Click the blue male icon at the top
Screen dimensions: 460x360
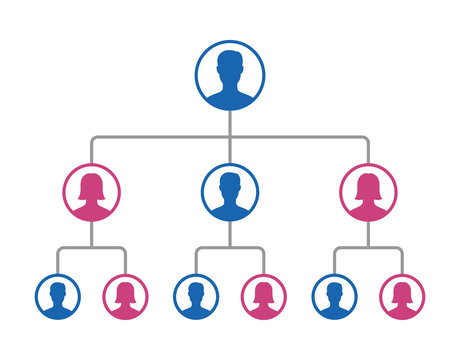(x=230, y=76)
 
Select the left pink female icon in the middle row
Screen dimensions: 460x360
(x=91, y=192)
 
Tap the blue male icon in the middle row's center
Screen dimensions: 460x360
(x=230, y=192)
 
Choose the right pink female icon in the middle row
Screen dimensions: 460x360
(x=368, y=192)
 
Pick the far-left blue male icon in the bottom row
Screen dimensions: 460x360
(x=57, y=297)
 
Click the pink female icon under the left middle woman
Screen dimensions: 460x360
(x=126, y=297)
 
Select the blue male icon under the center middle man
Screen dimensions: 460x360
(x=195, y=297)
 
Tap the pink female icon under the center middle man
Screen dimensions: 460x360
(x=264, y=297)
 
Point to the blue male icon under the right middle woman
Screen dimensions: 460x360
(x=333, y=297)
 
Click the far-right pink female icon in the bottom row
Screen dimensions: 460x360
(x=402, y=297)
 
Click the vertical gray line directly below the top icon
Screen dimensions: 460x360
(x=230, y=122)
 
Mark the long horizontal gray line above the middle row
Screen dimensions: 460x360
(x=160, y=136)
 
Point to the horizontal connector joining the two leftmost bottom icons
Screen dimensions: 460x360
(x=91, y=247)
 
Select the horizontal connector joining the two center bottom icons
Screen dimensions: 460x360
(x=230, y=247)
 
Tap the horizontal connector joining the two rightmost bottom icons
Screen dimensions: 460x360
(x=368, y=247)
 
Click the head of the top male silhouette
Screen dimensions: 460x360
(x=230, y=62)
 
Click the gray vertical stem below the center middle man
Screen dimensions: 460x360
(x=230, y=234)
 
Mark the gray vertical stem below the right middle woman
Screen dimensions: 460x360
(x=368, y=234)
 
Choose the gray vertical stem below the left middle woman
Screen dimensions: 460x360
(x=91, y=234)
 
